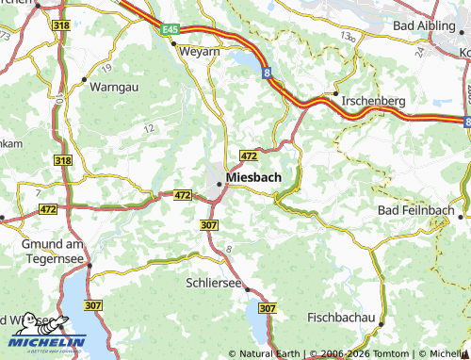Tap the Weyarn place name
click(199, 52)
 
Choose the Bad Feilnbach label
click(415, 209)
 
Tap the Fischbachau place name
click(342, 318)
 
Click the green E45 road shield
click(170, 31)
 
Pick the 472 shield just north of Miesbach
click(249, 154)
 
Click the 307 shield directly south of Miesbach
click(209, 224)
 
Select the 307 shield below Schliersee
click(268, 308)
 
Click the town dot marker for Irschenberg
click(335, 94)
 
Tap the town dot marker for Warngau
click(84, 79)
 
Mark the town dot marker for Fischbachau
click(381, 324)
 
